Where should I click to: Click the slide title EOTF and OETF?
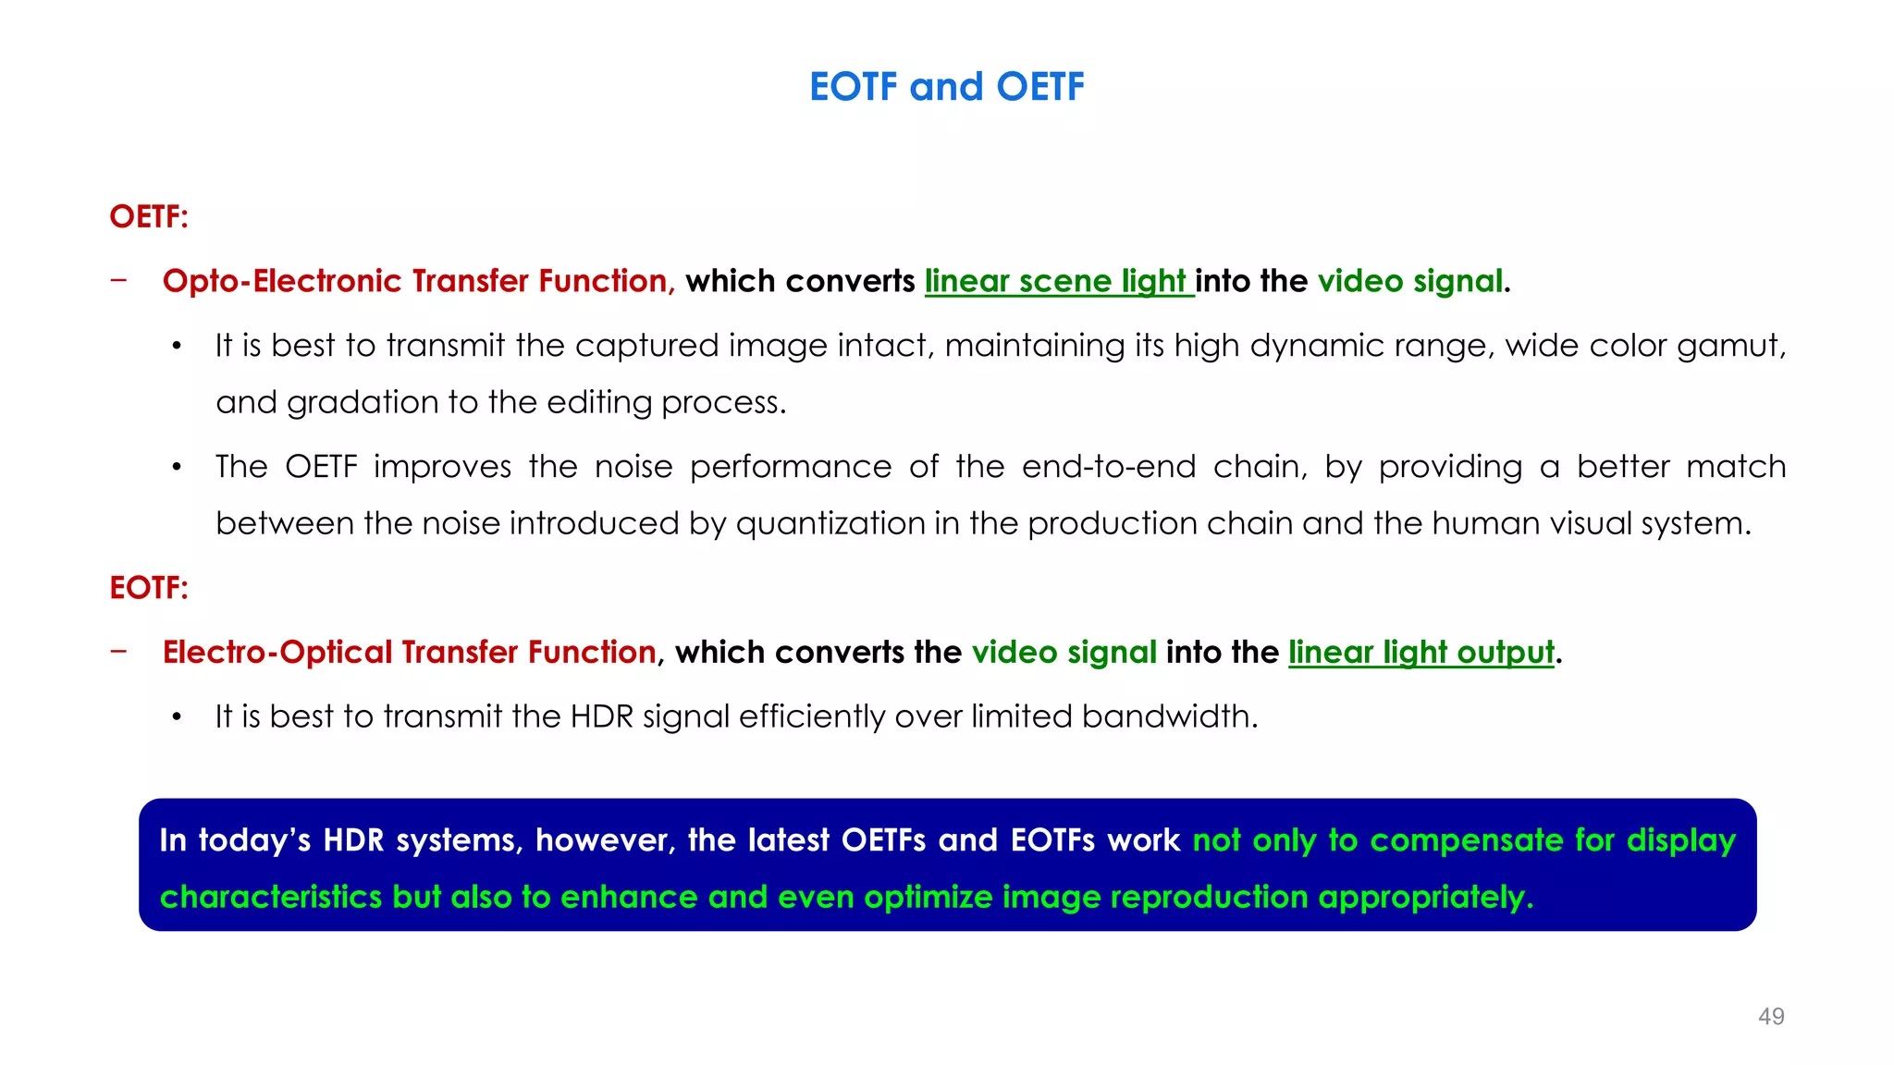pos(946,87)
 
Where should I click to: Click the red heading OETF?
pos(149,216)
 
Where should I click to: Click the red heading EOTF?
pos(149,588)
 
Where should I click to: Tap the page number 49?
pos(1771,1016)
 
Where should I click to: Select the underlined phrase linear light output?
pos(1420,653)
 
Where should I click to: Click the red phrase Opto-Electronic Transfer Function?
pos(415,281)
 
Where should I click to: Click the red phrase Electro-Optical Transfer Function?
pos(409,653)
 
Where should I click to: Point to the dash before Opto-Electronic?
pos(118,280)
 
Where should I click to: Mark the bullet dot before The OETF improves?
pos(177,468)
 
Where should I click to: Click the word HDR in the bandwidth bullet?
pos(601,716)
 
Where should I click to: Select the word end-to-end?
pos(1108,467)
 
